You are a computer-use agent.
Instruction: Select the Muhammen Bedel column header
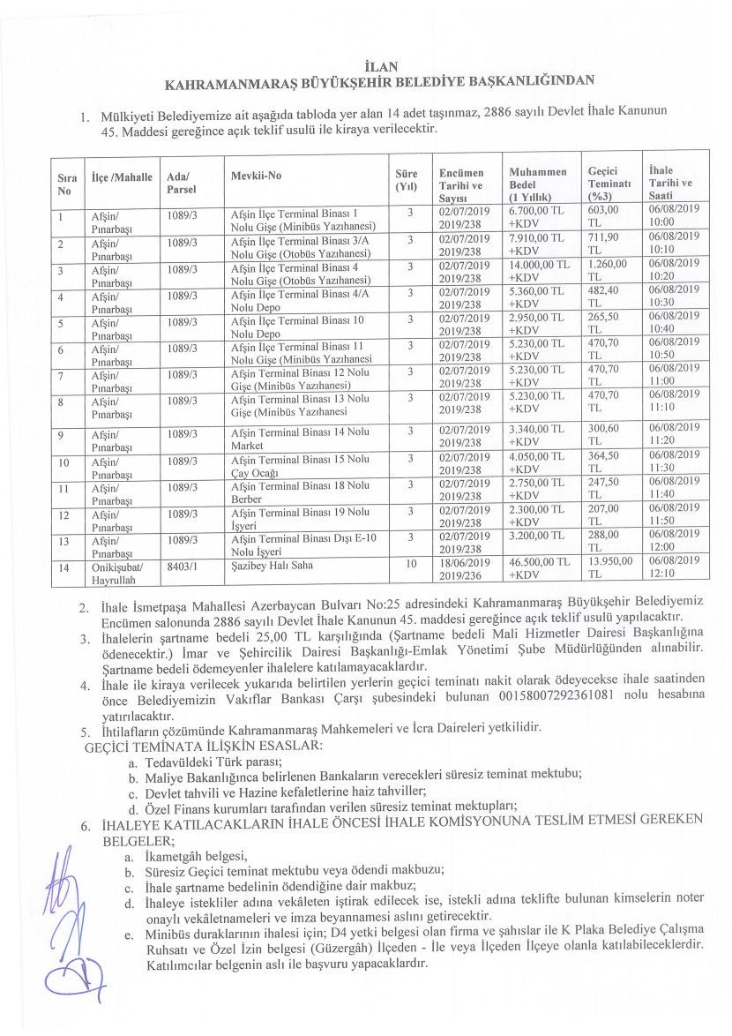(538, 184)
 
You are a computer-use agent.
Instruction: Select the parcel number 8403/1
(181, 563)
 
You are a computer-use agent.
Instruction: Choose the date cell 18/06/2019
(465, 562)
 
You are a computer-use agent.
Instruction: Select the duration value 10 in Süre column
(411, 562)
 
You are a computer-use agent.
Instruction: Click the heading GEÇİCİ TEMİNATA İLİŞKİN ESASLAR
(203, 746)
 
